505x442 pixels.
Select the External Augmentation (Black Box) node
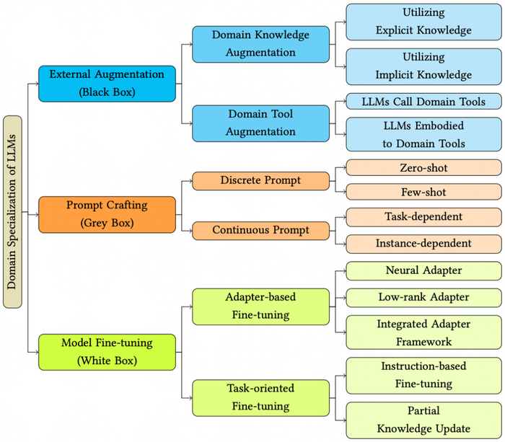coord(107,83)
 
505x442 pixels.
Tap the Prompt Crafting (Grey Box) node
coord(107,214)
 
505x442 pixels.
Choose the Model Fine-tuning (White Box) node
coord(107,352)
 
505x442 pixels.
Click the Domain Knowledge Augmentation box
coord(260,43)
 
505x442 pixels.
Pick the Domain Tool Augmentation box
coord(260,123)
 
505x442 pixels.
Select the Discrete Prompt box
coord(260,180)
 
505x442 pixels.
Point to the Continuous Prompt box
coord(260,231)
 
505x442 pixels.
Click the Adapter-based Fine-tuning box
coord(260,306)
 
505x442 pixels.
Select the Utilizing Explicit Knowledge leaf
coord(423,22)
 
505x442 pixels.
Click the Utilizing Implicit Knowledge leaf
coord(423,66)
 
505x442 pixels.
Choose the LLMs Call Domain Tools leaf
coord(423,102)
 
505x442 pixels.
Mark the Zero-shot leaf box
coord(423,167)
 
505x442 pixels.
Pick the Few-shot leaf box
coord(423,191)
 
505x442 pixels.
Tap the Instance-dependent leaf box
coord(423,244)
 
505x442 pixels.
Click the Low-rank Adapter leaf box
coord(423,297)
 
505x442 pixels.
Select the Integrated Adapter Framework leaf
coord(423,332)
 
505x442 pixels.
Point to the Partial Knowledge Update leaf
coord(423,420)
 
